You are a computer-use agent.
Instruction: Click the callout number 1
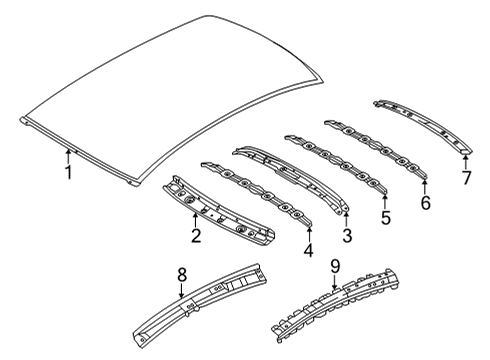68,174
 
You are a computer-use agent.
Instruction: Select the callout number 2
197,236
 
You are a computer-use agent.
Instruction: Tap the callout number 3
347,236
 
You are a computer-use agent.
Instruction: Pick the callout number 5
386,215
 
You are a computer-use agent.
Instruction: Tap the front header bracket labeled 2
220,210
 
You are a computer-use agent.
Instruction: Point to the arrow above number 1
68,155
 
